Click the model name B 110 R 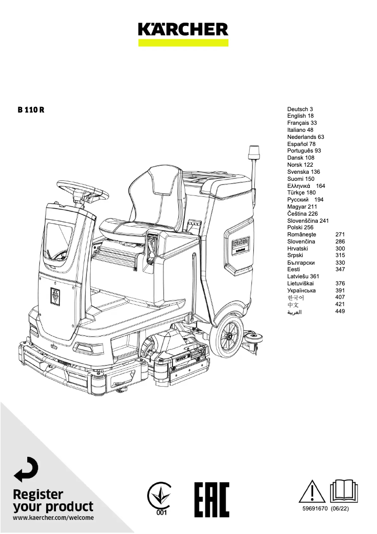point(31,110)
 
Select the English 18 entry point(300,116)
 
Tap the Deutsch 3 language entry point(300,109)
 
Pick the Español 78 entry point(301,144)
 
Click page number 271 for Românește point(340,235)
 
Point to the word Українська point(301,291)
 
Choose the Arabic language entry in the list point(294,312)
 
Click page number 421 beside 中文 point(340,305)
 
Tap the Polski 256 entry point(300,227)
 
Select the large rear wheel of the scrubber point(229,336)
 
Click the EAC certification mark point(212,499)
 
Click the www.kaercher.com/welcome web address point(53,518)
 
